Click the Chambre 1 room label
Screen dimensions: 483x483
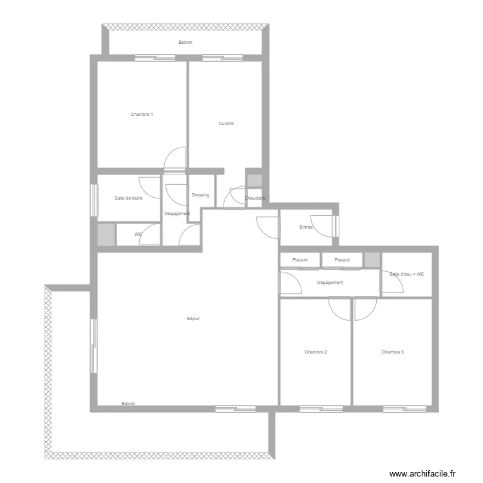pos(142,115)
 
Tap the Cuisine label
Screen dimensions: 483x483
pos(226,124)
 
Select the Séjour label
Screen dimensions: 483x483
pos(193,319)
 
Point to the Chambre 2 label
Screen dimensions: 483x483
pos(316,352)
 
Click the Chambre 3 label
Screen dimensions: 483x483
pos(392,352)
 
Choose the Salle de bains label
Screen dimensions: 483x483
pos(128,198)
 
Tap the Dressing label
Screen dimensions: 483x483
pos(200,195)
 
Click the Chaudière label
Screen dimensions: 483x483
pos(256,198)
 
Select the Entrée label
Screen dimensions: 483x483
pos(307,227)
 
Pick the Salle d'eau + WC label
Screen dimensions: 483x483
pos(407,274)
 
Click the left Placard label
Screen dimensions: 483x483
pos(299,260)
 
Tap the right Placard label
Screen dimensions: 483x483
pos(342,260)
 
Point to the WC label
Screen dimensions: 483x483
pos(138,234)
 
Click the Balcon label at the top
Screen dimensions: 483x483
pos(185,43)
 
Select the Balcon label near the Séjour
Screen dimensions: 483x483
pos(128,404)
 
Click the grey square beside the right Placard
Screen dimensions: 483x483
pos(372,260)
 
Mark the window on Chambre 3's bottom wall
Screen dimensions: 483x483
pos(404,408)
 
